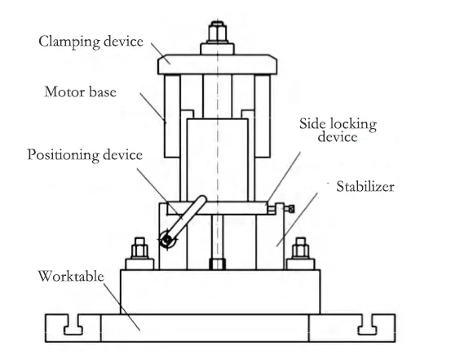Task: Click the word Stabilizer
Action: click(x=365, y=187)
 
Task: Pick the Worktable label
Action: click(x=72, y=275)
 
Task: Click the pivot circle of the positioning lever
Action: click(x=167, y=242)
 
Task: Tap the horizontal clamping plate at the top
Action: click(x=218, y=59)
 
